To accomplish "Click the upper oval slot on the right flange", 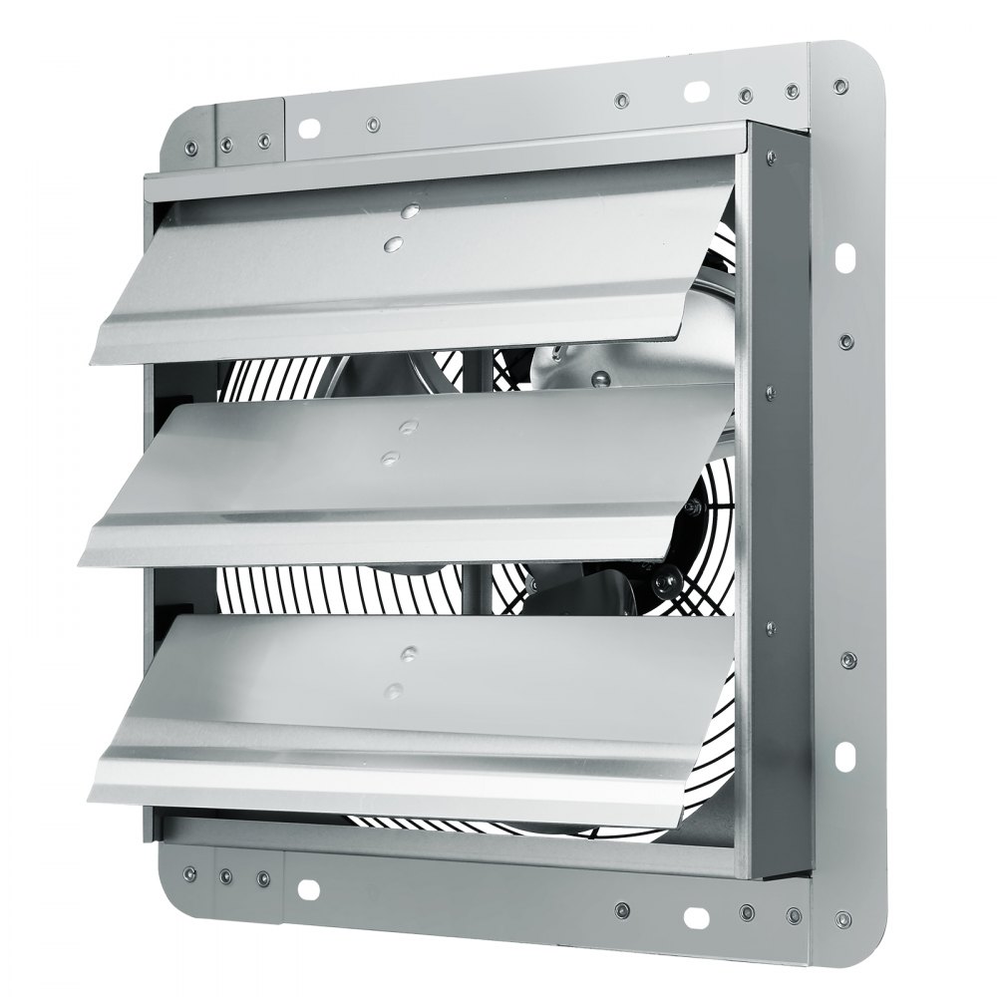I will (845, 258).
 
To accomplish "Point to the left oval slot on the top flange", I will (308, 127).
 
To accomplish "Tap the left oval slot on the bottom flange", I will (308, 885).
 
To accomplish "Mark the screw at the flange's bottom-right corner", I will (843, 918).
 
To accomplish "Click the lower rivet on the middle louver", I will (390, 457).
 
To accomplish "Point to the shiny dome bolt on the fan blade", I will (600, 379).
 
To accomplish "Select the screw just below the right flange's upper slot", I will (845, 342).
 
